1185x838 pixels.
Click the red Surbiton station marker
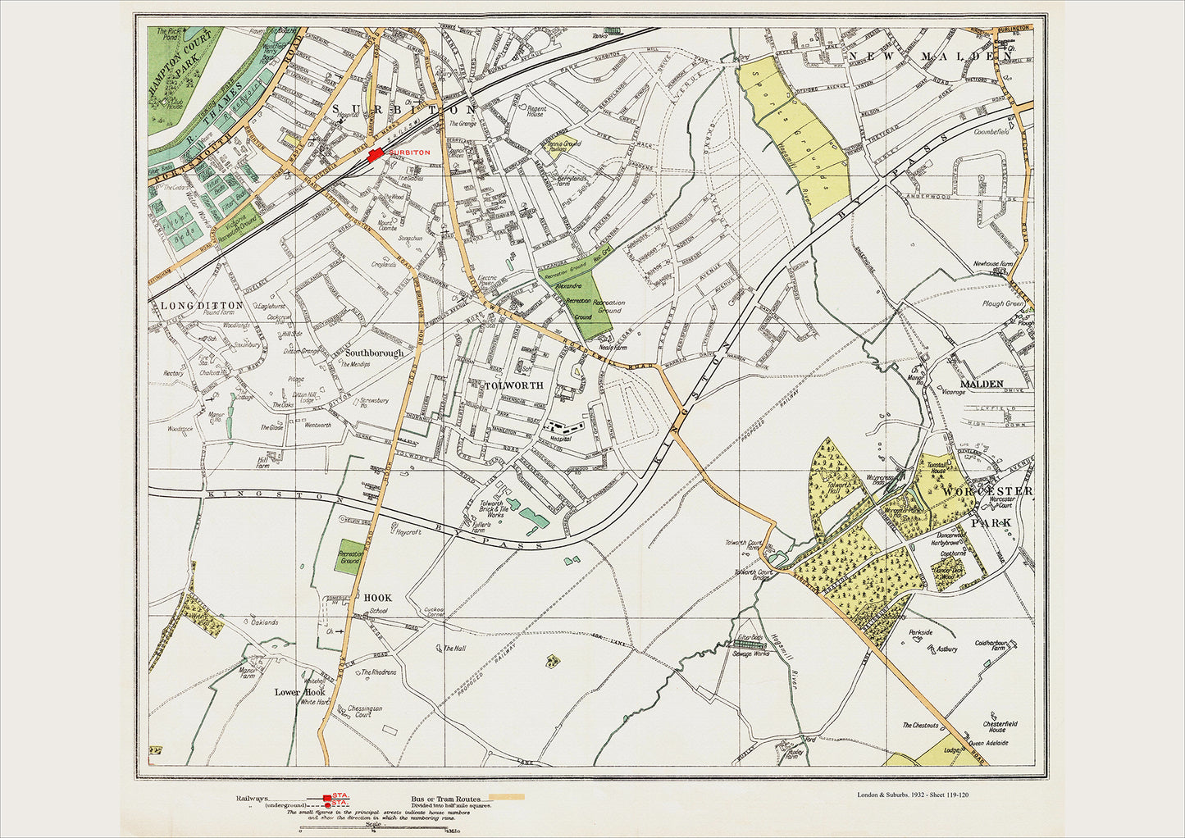coord(376,155)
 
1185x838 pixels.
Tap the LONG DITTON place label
coord(202,305)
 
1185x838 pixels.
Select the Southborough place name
coord(374,353)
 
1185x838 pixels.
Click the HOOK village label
coord(377,598)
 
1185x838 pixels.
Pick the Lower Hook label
coord(299,692)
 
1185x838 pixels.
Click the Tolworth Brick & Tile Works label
coord(496,509)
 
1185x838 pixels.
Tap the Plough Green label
coord(1002,303)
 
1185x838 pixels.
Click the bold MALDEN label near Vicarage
coord(982,384)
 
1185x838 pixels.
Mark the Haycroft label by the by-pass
coord(408,531)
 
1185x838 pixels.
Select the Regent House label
coord(535,111)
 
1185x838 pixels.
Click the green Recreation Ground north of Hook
coord(350,557)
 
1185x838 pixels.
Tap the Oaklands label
coord(264,622)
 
